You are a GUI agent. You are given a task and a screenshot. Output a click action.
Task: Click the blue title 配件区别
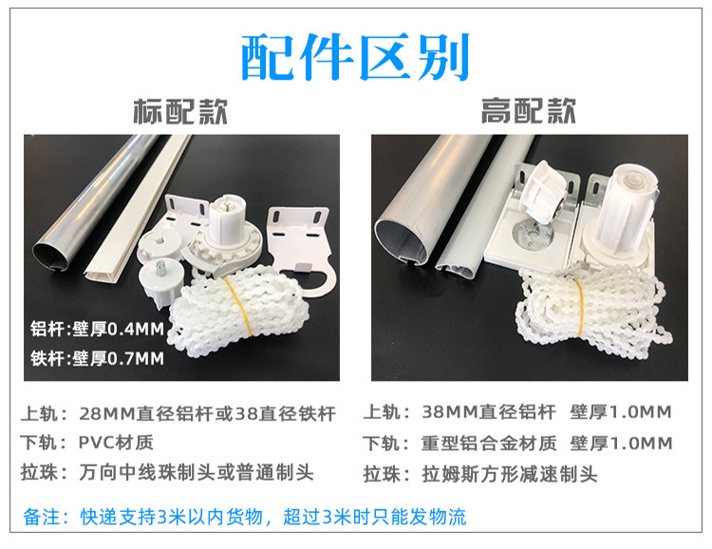click(x=355, y=57)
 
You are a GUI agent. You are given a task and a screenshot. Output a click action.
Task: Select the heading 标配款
click(x=180, y=112)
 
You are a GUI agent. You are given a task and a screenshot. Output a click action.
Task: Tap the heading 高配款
click(x=528, y=112)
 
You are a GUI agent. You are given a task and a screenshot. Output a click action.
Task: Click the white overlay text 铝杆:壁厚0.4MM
click(x=97, y=330)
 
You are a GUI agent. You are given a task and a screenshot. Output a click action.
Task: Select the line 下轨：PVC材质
click(x=86, y=443)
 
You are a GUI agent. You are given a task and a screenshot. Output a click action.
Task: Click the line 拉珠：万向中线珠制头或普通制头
click(x=167, y=472)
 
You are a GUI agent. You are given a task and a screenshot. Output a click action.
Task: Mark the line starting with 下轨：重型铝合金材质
click(x=518, y=444)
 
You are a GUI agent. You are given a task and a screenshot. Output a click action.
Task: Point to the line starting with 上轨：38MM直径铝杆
click(x=518, y=413)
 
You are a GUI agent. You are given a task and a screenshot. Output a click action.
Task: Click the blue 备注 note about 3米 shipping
click(x=245, y=518)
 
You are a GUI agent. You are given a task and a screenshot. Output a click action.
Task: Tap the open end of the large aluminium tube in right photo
click(x=403, y=245)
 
